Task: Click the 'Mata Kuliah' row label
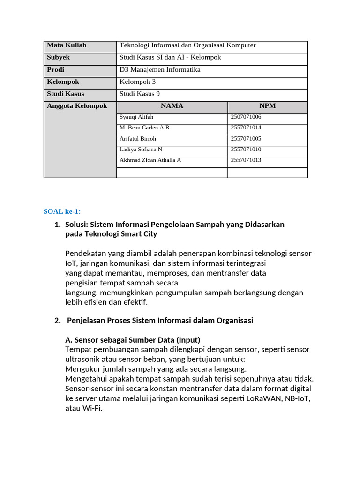67,45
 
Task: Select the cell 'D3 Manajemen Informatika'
160,70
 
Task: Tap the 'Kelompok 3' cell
137,82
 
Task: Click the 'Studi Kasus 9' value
140,94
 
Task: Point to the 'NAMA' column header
172,106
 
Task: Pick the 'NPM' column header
267,106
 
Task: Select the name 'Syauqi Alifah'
136,117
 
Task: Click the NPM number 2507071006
246,117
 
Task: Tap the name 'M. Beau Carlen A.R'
144,128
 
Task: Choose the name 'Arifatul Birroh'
138,139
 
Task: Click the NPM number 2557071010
246,150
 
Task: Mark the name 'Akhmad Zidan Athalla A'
150,160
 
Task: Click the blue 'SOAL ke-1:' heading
62,211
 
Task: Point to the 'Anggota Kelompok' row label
77,106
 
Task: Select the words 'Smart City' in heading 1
140,234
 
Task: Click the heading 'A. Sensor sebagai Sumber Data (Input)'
133,340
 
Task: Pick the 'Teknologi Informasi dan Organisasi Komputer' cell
187,45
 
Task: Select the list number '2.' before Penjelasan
58,321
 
